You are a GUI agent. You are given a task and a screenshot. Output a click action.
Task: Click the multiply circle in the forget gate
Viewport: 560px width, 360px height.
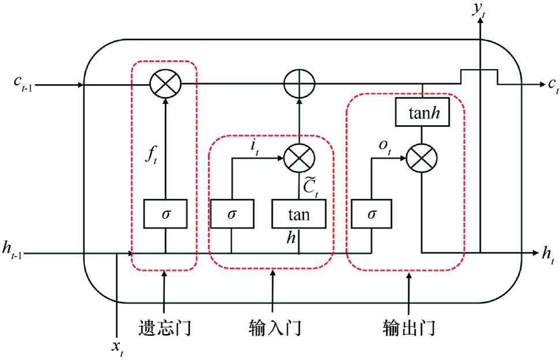166,85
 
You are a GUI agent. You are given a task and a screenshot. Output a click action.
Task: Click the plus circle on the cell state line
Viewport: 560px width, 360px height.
299,85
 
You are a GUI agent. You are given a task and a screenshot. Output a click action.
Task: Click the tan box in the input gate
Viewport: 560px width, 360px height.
299,215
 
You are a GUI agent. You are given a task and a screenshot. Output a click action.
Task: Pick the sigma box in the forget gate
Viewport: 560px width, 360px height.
166,214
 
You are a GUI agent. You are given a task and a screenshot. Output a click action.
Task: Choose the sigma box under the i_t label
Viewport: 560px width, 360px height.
232,215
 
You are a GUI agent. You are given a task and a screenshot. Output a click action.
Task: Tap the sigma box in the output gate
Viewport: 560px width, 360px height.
371,215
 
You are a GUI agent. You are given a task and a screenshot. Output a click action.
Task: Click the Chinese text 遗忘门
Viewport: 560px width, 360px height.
165,328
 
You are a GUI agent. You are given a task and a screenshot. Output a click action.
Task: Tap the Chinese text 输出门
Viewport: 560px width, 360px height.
408,328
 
